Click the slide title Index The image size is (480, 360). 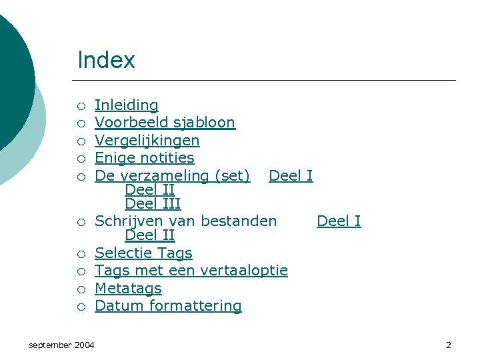[106, 61]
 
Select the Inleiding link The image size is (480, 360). [127, 105]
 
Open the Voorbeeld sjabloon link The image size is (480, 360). [165, 123]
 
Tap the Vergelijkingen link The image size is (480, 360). [147, 141]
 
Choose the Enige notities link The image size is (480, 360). [144, 158]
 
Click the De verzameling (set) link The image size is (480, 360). [172, 176]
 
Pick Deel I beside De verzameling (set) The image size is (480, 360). [290, 176]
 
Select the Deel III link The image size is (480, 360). [153, 203]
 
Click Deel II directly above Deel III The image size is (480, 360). [150, 190]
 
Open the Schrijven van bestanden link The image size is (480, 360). [185, 221]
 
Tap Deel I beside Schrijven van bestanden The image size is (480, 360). [339, 221]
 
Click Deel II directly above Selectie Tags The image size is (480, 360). [150, 235]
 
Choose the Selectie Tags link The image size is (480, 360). [143, 253]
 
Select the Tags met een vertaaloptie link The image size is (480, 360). [191, 271]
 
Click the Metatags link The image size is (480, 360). [128, 289]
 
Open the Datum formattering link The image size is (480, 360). [168, 306]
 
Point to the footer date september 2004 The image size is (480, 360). [61, 345]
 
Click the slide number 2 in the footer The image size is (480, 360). [448, 345]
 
